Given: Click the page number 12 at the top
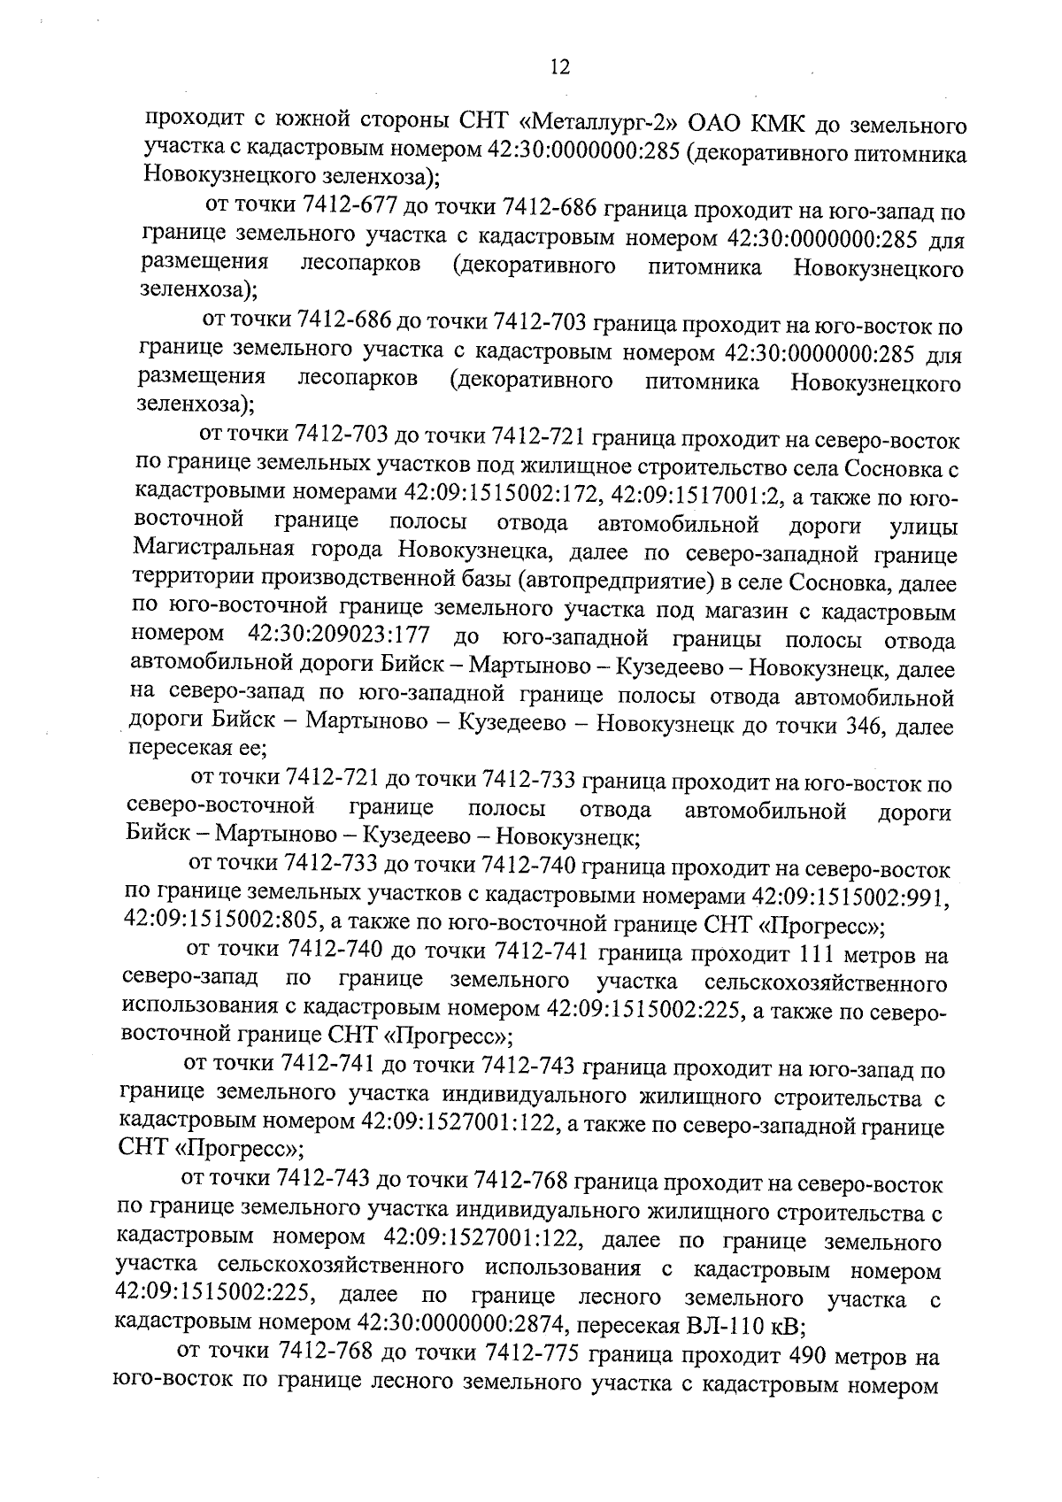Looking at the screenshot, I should tap(559, 68).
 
